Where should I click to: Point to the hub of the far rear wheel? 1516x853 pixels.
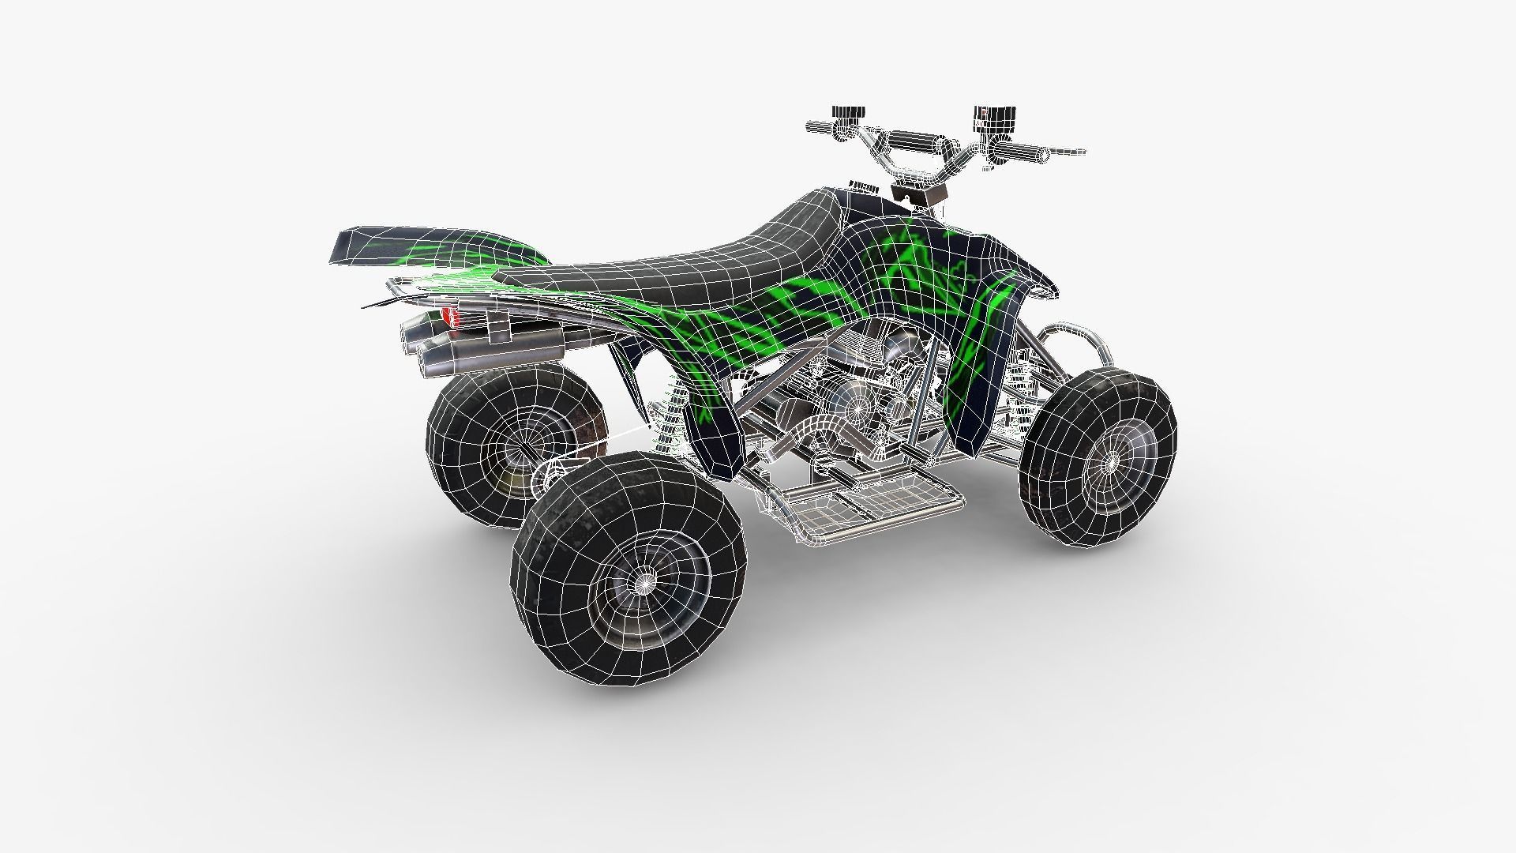(517, 455)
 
